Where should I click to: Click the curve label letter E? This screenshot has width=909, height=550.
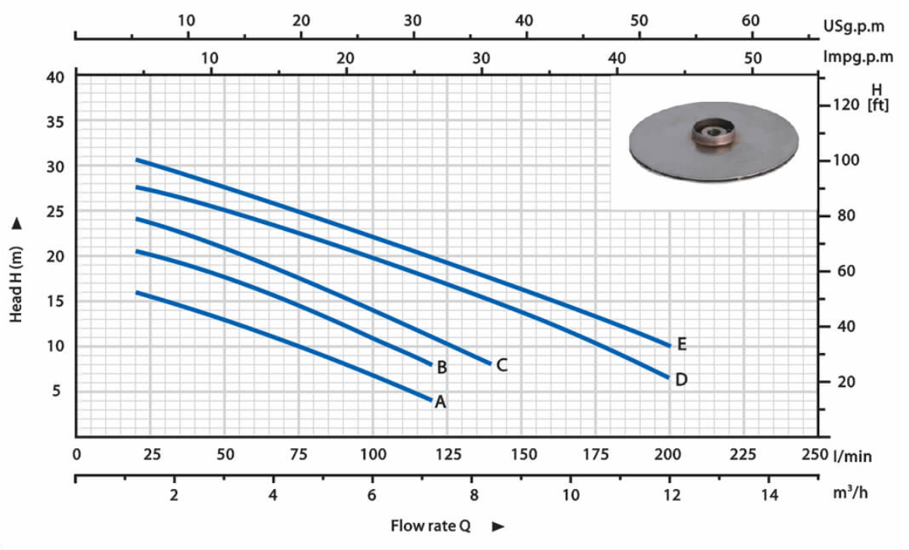tap(683, 344)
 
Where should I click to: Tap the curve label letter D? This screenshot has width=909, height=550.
tap(681, 379)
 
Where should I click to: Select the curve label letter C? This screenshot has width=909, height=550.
tap(502, 365)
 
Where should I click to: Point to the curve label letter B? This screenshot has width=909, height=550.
tap(442, 367)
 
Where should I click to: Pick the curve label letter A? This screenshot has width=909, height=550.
tap(440, 402)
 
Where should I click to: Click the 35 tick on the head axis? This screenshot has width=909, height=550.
tap(56, 122)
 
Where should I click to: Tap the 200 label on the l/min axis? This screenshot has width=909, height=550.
tap(667, 454)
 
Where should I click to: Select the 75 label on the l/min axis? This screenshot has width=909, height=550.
tap(299, 454)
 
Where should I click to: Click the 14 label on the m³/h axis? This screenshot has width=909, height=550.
tap(769, 495)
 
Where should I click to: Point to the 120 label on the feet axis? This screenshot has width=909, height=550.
tap(846, 105)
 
